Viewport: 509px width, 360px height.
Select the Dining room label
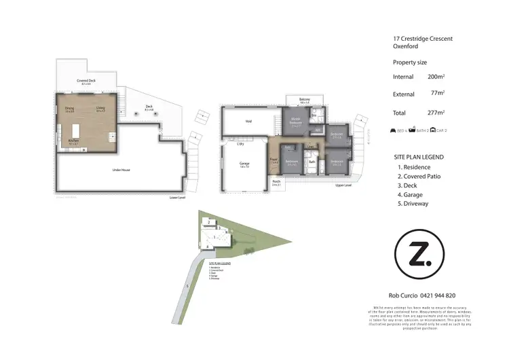(69, 108)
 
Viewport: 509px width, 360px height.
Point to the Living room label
(100, 108)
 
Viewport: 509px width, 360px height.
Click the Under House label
(120, 170)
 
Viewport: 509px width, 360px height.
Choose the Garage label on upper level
(244, 164)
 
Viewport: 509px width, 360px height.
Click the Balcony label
(305, 100)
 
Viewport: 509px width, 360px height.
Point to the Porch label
(276, 182)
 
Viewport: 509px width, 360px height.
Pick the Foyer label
(274, 160)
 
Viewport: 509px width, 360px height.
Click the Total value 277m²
(436, 113)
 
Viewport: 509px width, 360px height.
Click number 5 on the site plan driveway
(187, 286)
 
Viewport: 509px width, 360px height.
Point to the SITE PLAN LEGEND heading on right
(419, 157)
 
